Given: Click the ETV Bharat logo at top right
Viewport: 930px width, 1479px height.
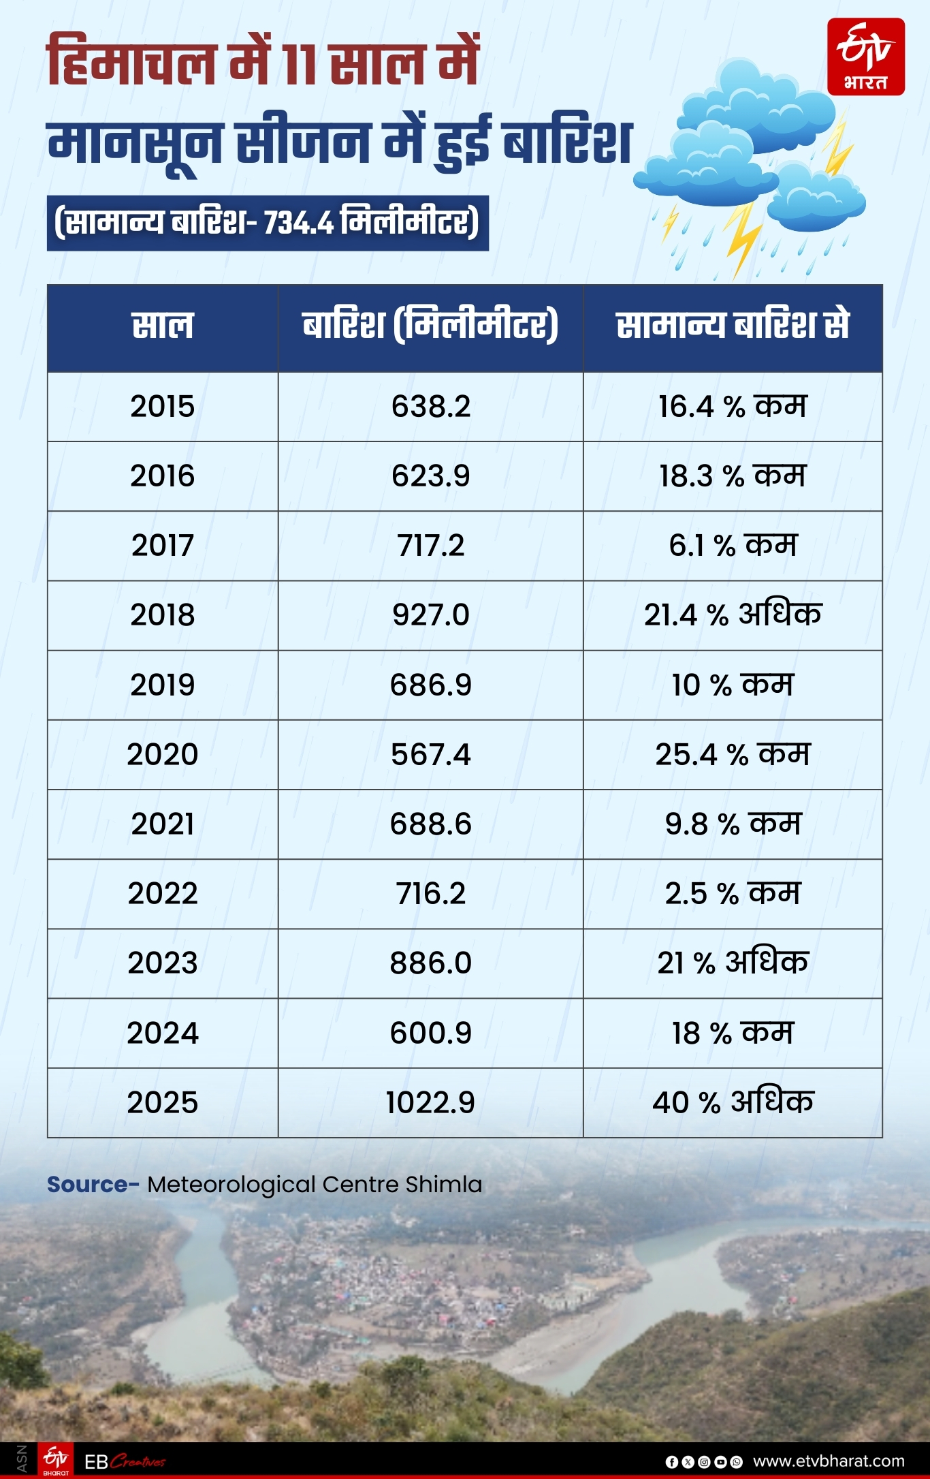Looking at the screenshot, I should pos(865,57).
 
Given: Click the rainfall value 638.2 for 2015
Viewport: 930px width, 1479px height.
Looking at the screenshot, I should pos(430,407).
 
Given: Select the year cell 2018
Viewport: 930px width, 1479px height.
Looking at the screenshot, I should pos(162,615).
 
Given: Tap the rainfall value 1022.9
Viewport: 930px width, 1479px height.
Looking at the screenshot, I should pos(430,1102).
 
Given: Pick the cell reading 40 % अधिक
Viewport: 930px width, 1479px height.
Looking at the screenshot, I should pos(733,1102).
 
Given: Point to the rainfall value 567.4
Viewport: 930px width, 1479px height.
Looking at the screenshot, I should pos(430,755).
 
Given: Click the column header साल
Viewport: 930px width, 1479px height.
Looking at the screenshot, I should pos(162,326).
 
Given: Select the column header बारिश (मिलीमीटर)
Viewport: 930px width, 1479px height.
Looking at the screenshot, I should pos(430,326).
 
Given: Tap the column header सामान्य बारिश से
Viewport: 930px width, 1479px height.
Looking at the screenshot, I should pos(733,326).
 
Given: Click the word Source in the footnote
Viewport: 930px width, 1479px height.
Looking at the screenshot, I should pos(87,1185).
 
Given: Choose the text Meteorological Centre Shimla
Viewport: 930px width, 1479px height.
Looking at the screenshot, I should pos(315,1185).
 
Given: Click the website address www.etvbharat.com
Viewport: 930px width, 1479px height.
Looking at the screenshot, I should pos(829,1461).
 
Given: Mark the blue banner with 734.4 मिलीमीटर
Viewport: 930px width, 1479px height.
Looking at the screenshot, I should pos(267,223).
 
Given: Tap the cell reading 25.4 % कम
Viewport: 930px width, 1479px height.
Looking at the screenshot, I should pos(733,755).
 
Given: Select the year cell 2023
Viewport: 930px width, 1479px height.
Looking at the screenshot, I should pos(162,963).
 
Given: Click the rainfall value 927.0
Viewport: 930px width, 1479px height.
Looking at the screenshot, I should pos(430,615).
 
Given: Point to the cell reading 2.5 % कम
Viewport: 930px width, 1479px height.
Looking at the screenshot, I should pos(733,894).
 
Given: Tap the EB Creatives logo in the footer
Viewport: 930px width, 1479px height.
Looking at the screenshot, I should pos(125,1461).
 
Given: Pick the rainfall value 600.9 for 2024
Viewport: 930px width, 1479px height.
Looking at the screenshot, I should pos(430,1033).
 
